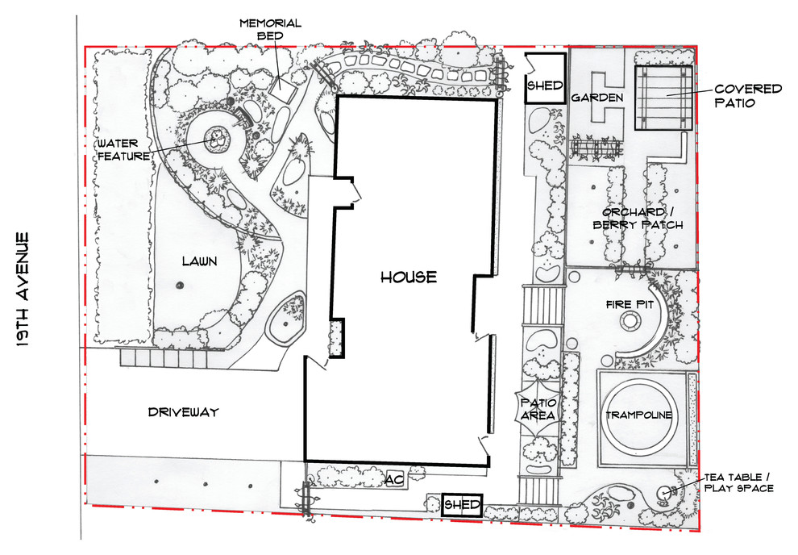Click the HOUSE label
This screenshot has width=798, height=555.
coord(409,277)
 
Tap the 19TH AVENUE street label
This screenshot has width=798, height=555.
coord(23,290)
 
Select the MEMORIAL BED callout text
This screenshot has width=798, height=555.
coord(270,30)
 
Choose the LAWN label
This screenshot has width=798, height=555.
coord(200,261)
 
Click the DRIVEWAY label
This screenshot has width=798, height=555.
coord(183,412)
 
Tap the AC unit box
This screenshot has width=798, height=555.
coord(394,478)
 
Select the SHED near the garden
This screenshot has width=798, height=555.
coord(545,78)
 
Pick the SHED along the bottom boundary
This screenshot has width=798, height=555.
coord(462,505)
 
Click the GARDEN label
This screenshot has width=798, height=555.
coord(597,98)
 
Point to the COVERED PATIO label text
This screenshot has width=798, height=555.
coord(748,95)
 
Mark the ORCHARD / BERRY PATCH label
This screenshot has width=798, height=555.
coord(638,219)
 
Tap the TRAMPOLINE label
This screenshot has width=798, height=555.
coord(638,415)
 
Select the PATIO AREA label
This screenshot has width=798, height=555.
coord(538,409)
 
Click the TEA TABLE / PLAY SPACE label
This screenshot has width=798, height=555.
coord(738,482)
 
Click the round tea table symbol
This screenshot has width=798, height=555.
coord(665,494)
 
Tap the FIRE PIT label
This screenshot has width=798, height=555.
coord(630,304)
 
